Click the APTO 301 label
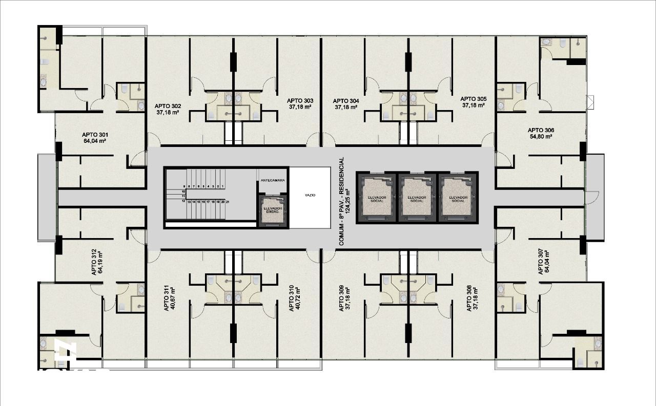pyautogui.click(x=94, y=135)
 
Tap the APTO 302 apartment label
pyautogui.click(x=168, y=106)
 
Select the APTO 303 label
pyautogui.click(x=300, y=101)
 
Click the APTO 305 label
pyautogui.click(x=474, y=99)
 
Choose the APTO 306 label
pyautogui.click(x=541, y=131)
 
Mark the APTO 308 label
pyautogui.click(x=468, y=298)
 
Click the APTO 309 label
pyautogui.click(x=341, y=298)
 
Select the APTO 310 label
pyautogui.click(x=291, y=298)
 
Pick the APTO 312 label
pyautogui.click(x=94, y=262)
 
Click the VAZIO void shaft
pyautogui.click(x=310, y=196)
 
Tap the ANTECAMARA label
pyautogui.click(x=273, y=181)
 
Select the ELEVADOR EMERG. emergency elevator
pyautogui.click(x=273, y=210)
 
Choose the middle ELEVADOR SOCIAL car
pyautogui.click(x=417, y=197)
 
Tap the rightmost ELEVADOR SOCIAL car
pyautogui.click(x=458, y=197)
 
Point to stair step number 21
pyautogui.click(x=227, y=202)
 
